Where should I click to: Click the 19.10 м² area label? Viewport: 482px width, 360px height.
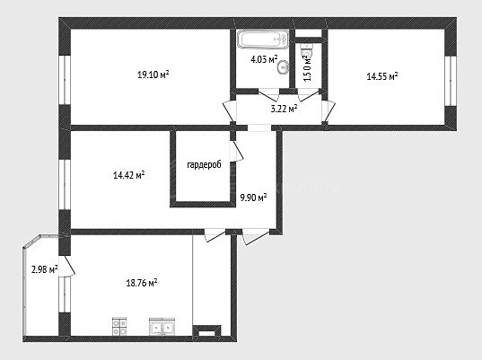153,75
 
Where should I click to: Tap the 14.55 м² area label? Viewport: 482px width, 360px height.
382,76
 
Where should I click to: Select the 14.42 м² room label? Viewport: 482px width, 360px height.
128,175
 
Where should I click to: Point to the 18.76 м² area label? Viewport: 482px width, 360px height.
142,283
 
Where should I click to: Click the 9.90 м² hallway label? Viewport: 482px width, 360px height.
253,198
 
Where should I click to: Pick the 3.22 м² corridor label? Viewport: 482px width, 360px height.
284,109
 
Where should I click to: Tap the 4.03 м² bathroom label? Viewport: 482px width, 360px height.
264,59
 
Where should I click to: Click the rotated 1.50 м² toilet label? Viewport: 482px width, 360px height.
308,67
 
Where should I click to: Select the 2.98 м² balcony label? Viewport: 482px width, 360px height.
45,269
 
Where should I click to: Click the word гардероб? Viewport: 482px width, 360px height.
204,165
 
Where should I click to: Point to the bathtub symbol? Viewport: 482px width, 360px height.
263,39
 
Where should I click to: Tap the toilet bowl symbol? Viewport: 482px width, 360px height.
307,50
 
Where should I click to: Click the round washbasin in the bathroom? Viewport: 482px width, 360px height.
283,66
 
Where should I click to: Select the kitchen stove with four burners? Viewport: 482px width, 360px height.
119,327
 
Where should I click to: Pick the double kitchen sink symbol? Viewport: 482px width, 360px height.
162,327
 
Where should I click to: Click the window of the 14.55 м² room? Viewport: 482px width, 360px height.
451,81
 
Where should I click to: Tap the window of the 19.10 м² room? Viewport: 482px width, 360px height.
65,80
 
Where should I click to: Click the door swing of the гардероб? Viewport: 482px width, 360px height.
237,151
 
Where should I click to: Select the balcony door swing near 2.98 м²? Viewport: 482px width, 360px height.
68,267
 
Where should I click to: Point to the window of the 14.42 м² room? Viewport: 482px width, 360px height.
65,184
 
